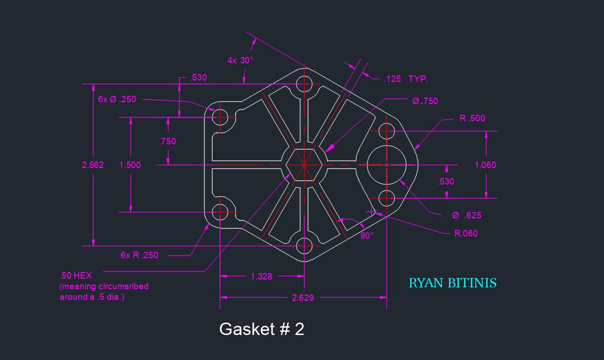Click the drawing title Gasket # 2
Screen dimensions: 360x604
tap(262, 329)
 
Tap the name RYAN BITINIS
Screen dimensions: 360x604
tap(452, 283)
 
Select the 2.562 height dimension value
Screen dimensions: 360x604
tap(93, 165)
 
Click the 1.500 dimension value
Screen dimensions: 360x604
tap(130, 165)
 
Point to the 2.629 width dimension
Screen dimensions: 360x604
tap(303, 298)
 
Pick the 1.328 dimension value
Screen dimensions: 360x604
tap(262, 276)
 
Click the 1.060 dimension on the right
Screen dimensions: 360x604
tap(485, 165)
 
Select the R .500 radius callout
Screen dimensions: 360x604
tap(472, 118)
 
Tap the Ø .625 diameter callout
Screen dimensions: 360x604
tap(467, 215)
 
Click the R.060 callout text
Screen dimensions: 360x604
tap(466, 233)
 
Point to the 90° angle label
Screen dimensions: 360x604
tap(367, 236)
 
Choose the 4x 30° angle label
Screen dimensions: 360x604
tap(240, 60)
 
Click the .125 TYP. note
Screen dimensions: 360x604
tap(406, 79)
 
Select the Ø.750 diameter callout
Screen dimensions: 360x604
tap(425, 101)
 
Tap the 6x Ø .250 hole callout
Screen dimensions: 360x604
tap(117, 99)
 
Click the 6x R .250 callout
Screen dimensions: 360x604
tap(139, 255)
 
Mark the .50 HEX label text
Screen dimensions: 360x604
tap(76, 276)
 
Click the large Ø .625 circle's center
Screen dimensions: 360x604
tap(386, 165)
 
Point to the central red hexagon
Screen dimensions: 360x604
tap(304, 165)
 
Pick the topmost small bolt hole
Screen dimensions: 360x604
tap(305, 84)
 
